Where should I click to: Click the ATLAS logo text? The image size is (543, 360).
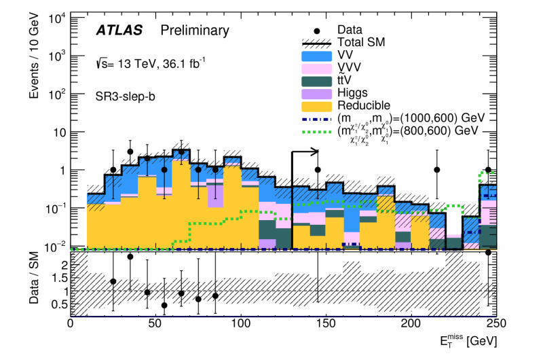[120, 31]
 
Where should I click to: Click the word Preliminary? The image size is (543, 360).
[194, 31]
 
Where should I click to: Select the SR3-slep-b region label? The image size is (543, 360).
[126, 96]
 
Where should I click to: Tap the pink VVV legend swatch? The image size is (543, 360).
[316, 68]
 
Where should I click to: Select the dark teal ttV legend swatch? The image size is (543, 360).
[316, 80]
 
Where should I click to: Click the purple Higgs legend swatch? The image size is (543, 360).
[316, 93]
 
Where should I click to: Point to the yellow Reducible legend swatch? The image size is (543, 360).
[316, 105]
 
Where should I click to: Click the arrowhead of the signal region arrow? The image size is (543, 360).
[314, 151]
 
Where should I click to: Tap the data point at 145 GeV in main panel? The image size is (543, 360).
[317, 170]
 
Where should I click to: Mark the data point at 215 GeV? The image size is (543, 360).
[437, 170]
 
